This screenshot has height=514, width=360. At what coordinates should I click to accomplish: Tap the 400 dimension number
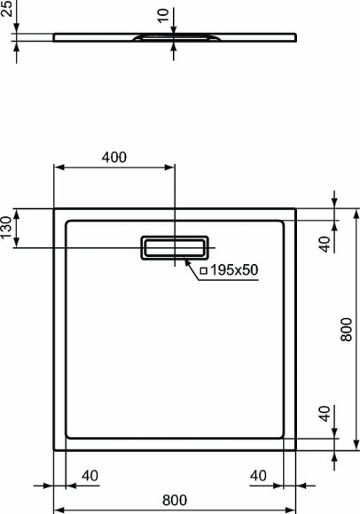point(113,158)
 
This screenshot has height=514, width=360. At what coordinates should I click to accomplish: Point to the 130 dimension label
point(6,229)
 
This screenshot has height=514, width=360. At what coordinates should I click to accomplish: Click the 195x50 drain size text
point(237,269)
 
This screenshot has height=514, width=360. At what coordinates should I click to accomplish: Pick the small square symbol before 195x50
point(203,269)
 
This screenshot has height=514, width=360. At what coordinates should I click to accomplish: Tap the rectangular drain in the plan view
point(174,247)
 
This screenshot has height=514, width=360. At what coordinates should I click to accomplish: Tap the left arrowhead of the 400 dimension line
point(59,167)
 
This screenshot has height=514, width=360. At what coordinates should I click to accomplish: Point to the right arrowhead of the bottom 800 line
point(293,510)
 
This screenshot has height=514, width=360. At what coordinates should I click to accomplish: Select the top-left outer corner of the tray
point(55,209)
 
